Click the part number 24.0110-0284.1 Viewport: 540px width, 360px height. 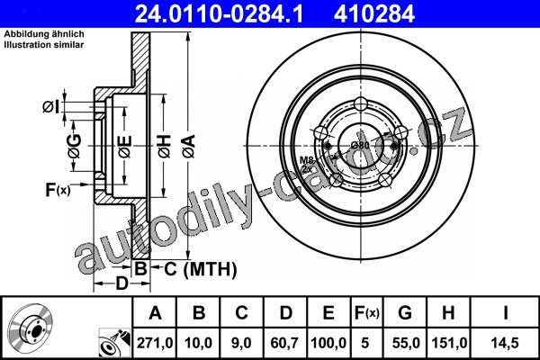tap(219, 13)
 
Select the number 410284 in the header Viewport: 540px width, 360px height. tap(374, 13)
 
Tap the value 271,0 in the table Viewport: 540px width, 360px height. tap(155, 343)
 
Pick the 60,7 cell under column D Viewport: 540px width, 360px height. tap(285, 343)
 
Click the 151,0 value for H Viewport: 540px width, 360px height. tap(449, 343)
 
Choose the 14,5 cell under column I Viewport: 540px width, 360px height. tap(505, 343)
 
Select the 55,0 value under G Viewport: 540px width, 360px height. tap(406, 343)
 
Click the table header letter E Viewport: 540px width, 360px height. tap(328, 313)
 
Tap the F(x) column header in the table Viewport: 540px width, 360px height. tap(367, 313)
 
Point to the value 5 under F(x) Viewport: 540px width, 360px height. tap(365, 343)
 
